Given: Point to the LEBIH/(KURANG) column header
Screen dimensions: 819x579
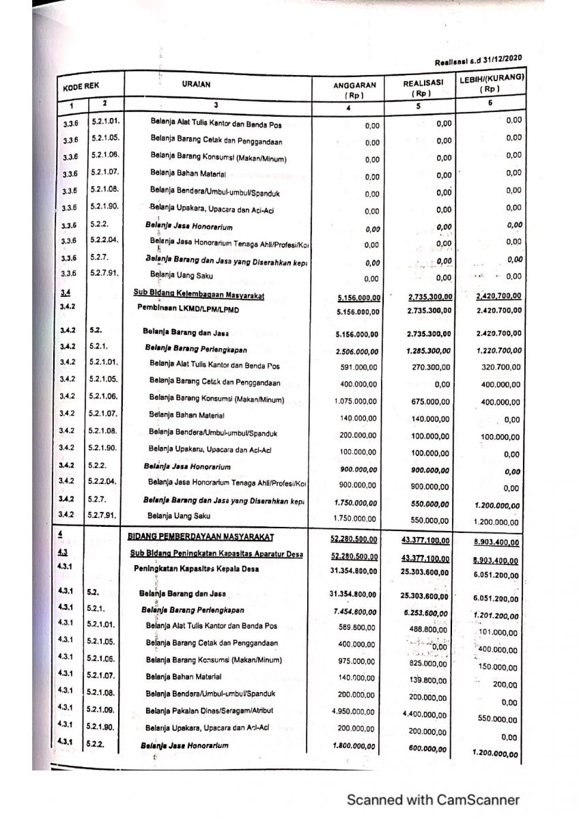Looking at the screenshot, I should click(x=491, y=83).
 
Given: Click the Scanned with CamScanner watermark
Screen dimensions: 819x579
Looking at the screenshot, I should click(x=433, y=800).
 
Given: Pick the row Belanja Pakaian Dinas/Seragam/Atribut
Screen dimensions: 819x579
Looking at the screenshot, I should click(x=209, y=710).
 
